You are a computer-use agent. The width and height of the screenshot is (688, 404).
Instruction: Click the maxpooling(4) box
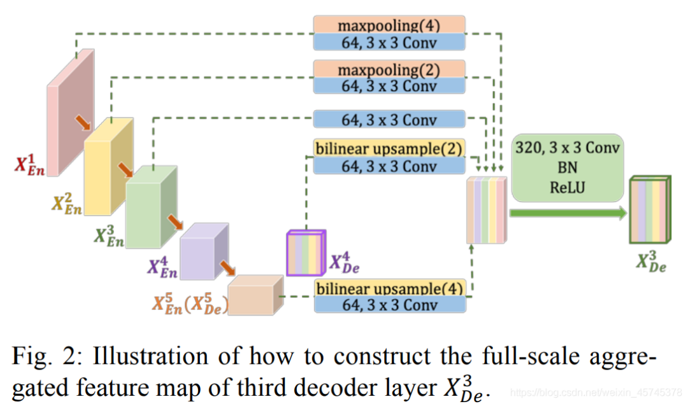coord(389,25)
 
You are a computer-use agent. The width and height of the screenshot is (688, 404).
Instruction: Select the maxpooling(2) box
coord(389,69)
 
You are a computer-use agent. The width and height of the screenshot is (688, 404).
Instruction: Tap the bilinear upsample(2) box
coord(389,147)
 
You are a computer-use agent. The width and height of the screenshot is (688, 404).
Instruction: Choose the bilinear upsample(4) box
coord(389,288)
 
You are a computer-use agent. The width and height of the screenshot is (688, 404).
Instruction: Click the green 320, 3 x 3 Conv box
coord(568,168)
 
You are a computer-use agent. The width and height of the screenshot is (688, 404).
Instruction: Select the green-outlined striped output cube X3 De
coord(648,211)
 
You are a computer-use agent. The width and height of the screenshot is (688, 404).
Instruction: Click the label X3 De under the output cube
coord(650,262)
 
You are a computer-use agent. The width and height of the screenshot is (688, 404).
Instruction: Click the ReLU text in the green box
coord(567,188)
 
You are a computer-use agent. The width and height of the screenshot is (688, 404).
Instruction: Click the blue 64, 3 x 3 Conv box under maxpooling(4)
coord(389,41)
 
